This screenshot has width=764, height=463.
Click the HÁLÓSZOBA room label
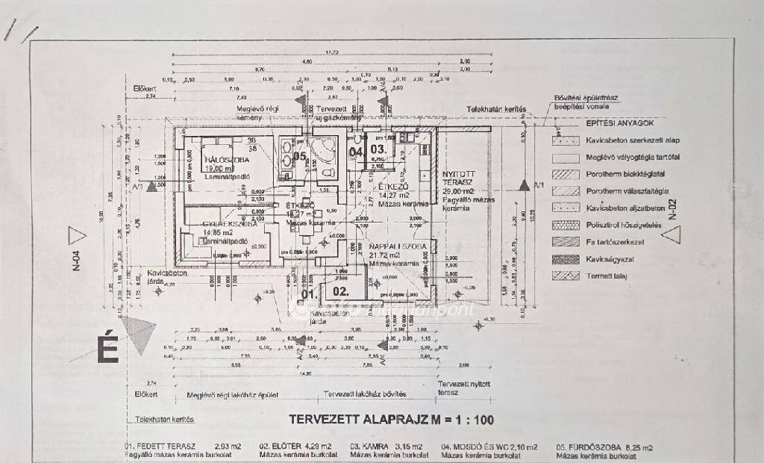click(x=210, y=161)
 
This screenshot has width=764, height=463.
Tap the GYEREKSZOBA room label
click(x=231, y=223)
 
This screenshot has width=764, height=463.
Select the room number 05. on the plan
click(x=299, y=156)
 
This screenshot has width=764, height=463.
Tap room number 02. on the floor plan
click(x=341, y=291)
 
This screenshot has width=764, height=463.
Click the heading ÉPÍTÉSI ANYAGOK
click(x=620, y=122)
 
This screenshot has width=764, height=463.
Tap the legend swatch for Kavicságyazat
click(x=565, y=258)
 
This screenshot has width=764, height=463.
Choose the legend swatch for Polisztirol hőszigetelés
click(x=565, y=225)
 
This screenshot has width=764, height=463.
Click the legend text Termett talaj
click(x=606, y=276)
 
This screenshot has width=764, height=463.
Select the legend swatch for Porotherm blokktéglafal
click(x=565, y=173)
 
